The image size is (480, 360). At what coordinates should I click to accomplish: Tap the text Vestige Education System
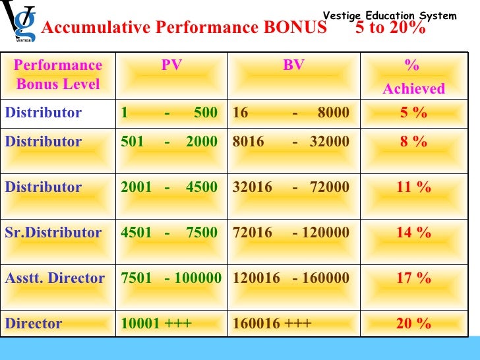[x=389, y=15]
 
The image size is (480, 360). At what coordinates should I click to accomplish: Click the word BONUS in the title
[x=295, y=28]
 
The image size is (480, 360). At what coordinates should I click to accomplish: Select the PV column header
[x=171, y=65]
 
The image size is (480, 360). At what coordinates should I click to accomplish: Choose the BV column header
[x=293, y=65]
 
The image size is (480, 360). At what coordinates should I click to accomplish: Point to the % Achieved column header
[x=413, y=77]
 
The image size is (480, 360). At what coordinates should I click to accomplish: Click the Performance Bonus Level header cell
[x=58, y=75]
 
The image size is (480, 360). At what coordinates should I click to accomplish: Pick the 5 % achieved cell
[x=413, y=113]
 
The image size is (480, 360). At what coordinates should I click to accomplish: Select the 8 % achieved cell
[x=413, y=142]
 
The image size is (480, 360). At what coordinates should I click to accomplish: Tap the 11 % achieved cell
[x=413, y=187]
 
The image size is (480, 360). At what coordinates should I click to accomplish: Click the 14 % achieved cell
[x=413, y=233]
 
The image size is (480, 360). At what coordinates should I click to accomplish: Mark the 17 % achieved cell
[x=413, y=278]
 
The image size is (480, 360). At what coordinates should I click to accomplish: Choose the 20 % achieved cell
[x=413, y=324]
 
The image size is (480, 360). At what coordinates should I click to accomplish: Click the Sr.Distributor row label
[x=53, y=233]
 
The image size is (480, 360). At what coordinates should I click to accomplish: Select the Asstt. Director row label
[x=55, y=278]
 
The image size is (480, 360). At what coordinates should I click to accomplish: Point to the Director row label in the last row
[x=34, y=324]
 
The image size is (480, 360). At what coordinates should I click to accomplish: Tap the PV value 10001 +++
[x=156, y=324]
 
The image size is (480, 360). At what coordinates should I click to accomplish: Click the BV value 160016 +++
[x=272, y=324]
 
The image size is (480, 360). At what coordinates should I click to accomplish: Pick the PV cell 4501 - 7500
[x=169, y=233]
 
